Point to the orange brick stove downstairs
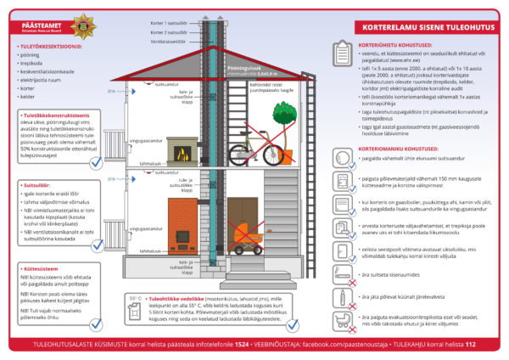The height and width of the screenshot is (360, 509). tap(182, 225)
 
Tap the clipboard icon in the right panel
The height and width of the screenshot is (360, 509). tap(341, 58)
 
